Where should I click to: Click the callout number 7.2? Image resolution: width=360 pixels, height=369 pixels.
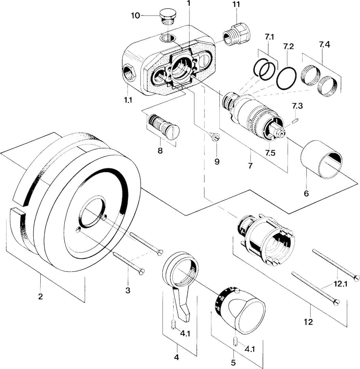(288, 47)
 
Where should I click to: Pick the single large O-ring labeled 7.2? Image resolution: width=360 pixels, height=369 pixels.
(286, 78)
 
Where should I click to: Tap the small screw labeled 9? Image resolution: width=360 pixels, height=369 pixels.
(215, 137)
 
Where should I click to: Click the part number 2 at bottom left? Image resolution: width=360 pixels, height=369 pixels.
(40, 296)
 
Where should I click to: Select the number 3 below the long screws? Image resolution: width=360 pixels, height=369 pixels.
(128, 290)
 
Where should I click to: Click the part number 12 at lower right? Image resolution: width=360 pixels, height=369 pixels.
(308, 321)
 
